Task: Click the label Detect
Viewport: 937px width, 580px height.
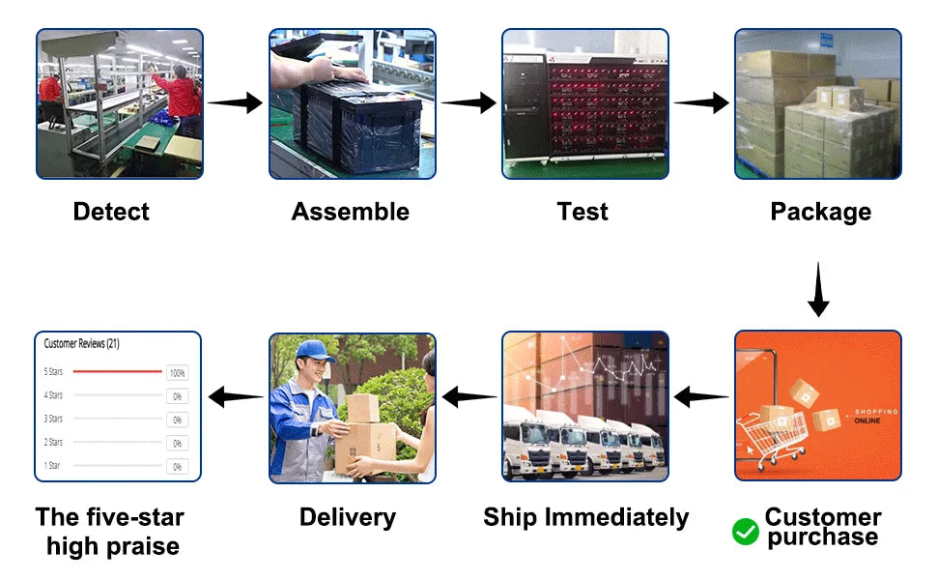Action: point(111,212)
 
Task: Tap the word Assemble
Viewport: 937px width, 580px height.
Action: point(350,212)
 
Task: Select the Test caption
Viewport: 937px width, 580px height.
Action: point(582,212)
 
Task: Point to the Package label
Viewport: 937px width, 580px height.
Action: point(820,212)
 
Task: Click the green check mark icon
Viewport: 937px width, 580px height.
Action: point(745,531)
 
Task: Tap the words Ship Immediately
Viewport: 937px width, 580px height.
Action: point(585,517)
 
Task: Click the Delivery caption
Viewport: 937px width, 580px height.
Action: point(347,517)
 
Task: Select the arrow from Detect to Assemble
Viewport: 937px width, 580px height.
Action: point(236,102)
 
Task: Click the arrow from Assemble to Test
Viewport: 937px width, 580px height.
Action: point(468,102)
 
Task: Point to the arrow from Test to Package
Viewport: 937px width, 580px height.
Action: point(701,102)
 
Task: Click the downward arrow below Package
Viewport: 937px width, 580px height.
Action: point(818,289)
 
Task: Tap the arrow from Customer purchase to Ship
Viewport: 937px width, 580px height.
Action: point(701,396)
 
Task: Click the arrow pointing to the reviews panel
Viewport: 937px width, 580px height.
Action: point(236,396)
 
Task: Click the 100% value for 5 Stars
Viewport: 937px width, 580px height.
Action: point(177,372)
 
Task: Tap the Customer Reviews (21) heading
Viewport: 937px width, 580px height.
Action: point(82,343)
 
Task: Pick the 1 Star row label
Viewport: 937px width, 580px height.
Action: point(53,466)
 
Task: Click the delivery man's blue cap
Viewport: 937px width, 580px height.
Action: point(314,349)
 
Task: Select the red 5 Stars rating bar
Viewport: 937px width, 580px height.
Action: point(117,371)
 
